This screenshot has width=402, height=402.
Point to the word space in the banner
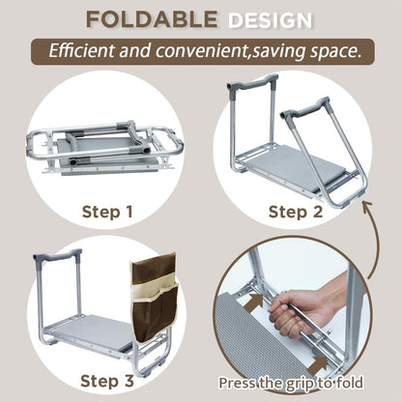pos(329,49)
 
